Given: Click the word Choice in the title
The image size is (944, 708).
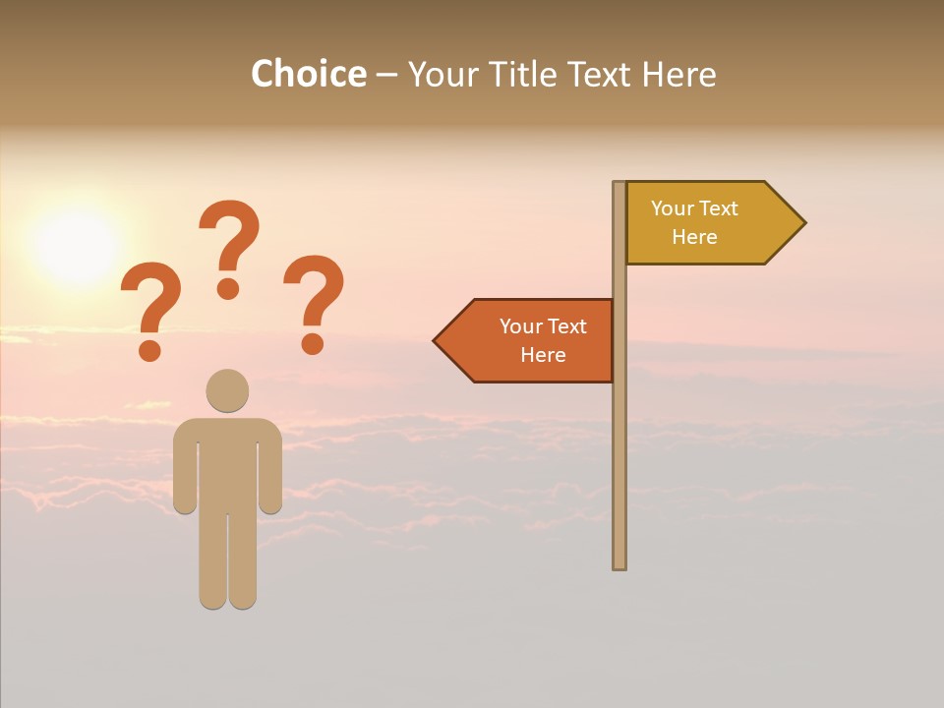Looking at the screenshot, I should (x=308, y=75).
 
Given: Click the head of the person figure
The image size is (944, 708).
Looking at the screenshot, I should (x=227, y=390).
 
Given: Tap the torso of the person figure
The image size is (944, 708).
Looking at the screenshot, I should (x=227, y=462).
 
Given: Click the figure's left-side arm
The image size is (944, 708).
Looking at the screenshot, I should (x=184, y=472).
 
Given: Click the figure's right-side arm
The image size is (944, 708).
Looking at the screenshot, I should (x=271, y=472).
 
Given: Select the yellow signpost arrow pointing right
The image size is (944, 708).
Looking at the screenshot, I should (x=708, y=223).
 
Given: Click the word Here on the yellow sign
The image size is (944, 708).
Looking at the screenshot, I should (x=694, y=237).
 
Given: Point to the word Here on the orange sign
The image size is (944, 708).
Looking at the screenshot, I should (x=543, y=355).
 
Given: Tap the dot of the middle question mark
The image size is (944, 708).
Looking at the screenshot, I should (x=228, y=287).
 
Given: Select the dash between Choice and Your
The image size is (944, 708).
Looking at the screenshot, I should (x=386, y=75).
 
